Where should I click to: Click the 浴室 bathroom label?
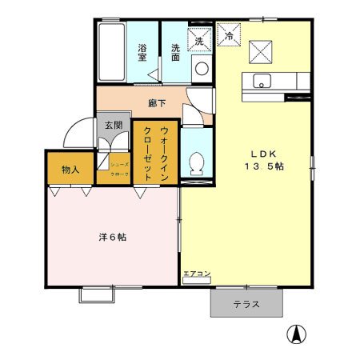coord(142,51)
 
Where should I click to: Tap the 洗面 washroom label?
coord(175,50)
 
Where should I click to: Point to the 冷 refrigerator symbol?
coord(229,36)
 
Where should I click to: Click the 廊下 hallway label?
coord(157,103)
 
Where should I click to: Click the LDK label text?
coord(265,153)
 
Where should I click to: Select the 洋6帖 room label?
coord(111,238)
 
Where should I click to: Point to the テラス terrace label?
coord(246,304)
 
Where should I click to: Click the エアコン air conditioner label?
coord(197,274)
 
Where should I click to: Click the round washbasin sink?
coord(201,67)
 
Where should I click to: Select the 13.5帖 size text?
coord(265,166)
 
